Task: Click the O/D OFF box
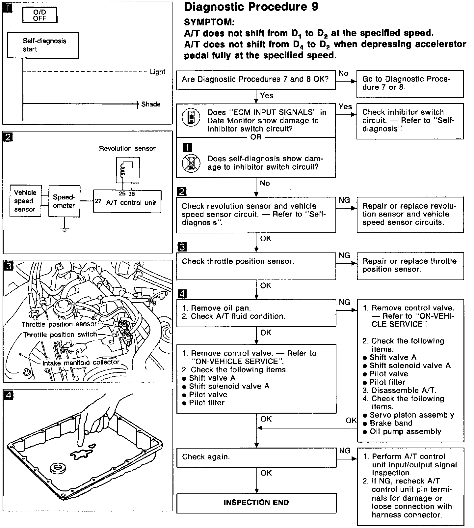tap(39, 15)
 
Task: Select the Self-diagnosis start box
tap(42, 45)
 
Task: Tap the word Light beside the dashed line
tap(157, 72)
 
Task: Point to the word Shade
tap(151, 104)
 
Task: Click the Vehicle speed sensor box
tap(25, 201)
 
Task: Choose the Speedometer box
tap(64, 201)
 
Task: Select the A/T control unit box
tap(127, 202)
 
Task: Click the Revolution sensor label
tap(127, 148)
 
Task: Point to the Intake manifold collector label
tap(81, 362)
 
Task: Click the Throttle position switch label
tap(60, 335)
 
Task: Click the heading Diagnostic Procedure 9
tap(251, 7)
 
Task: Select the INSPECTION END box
tap(256, 503)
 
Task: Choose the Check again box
tap(256, 457)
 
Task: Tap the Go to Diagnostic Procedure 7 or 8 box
tap(410, 83)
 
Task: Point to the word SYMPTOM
tap(209, 22)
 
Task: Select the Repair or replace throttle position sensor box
tap(410, 266)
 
